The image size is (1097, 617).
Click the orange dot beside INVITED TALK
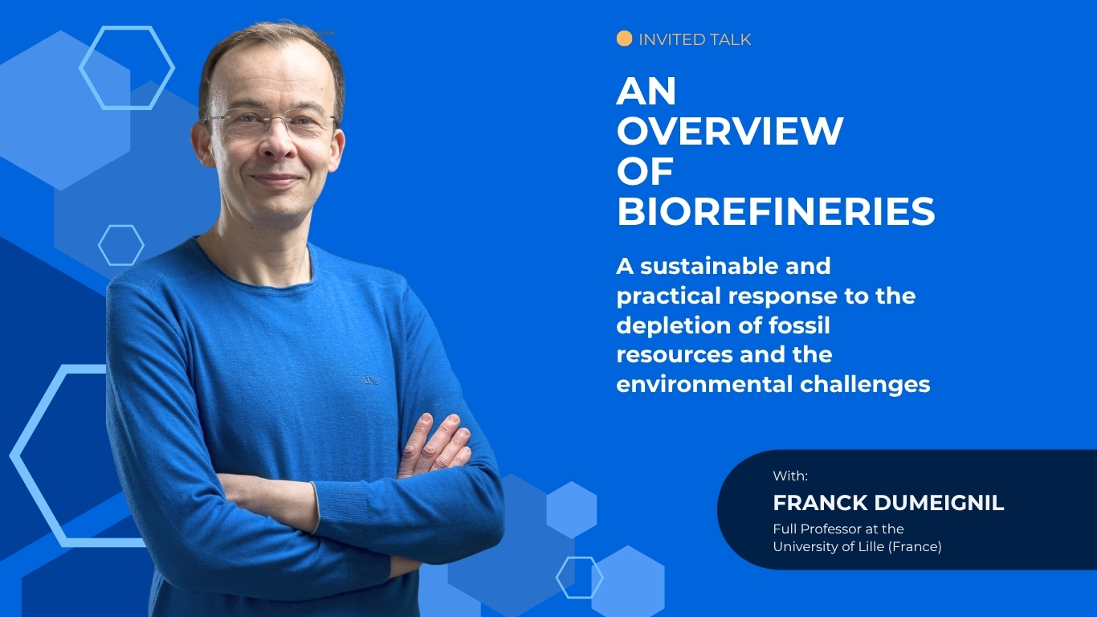pos(624,39)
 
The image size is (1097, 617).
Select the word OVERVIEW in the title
pos(730,131)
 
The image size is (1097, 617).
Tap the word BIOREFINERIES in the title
pos(776,212)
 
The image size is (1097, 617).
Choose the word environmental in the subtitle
pos(704,384)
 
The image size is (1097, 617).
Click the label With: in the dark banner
pos(790,476)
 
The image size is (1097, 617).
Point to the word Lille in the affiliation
pos(871,546)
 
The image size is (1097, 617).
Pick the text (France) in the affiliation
pos(915,546)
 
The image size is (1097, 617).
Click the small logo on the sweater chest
pos(370,381)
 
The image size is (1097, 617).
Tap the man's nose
pos(278,142)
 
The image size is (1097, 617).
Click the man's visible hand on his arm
pos(434,446)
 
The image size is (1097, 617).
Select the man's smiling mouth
pos(275,179)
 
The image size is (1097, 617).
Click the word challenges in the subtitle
pos(865,385)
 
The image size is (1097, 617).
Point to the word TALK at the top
pos(728,39)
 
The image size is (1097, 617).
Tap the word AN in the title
pos(646,91)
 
